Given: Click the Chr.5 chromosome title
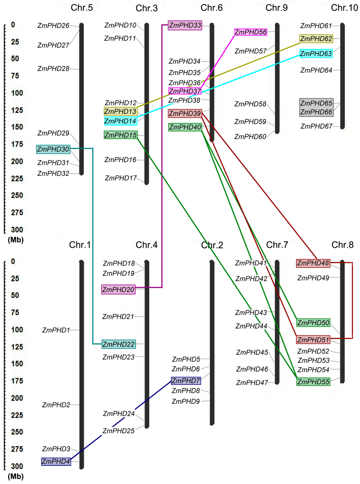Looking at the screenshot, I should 82,8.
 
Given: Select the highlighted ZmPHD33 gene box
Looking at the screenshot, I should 185,25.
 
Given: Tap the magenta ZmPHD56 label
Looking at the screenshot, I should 251,32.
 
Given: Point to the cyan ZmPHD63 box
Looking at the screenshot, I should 316,54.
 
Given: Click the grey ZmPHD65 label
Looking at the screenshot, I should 316,103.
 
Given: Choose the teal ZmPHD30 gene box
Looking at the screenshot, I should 53,149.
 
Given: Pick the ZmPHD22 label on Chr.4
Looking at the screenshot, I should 118,344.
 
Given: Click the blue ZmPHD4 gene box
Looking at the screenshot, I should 56,462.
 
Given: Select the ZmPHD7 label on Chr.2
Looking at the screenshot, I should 186,381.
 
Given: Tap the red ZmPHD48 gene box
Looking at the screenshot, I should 313,263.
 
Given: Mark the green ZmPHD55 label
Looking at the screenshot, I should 313,382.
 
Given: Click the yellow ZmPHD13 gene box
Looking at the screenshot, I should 120,111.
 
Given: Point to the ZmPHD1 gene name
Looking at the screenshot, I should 56,330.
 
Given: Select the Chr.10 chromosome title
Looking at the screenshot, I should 344,8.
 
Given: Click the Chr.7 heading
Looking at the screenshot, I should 277,245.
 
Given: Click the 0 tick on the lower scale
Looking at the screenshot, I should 13,262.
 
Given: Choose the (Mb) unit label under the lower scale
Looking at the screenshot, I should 16,477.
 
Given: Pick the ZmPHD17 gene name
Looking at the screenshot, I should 121,179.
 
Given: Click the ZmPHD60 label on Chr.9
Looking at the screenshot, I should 250,137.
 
